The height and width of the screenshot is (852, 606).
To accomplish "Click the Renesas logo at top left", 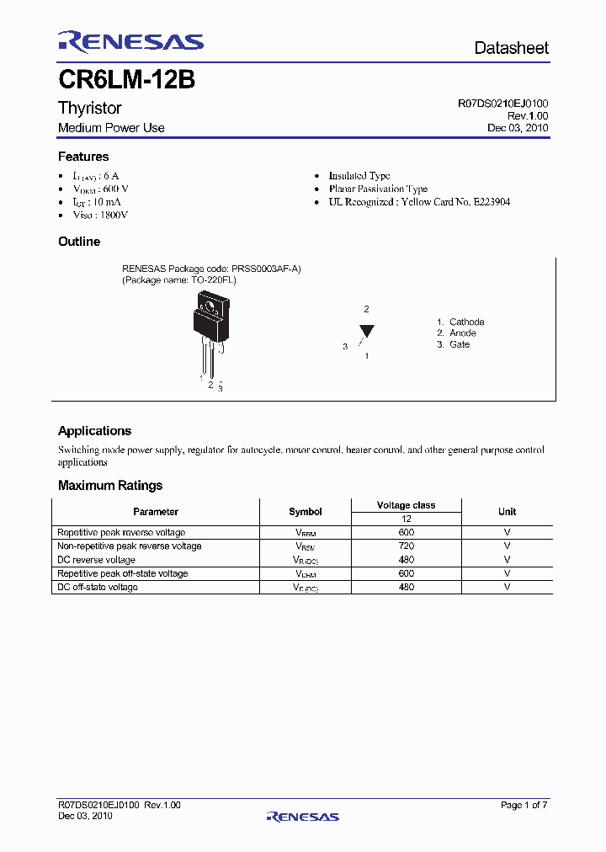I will (x=130, y=42).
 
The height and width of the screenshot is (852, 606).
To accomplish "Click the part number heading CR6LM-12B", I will (x=126, y=80).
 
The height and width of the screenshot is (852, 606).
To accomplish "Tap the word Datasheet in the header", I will (x=511, y=48).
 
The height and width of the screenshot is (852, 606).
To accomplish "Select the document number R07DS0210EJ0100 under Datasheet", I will (x=502, y=104).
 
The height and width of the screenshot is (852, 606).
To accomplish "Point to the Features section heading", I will (x=83, y=157).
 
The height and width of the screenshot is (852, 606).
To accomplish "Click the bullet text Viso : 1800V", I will (x=100, y=216).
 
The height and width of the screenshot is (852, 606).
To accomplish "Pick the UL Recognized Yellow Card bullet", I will (x=419, y=202).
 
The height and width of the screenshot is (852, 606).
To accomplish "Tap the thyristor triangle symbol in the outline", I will (x=366, y=331).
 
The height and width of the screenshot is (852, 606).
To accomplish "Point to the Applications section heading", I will (x=94, y=431).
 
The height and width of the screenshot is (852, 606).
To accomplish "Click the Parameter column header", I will (x=156, y=512).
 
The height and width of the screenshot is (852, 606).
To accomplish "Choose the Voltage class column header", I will (x=406, y=505).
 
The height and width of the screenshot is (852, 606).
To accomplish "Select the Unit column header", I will (x=507, y=512).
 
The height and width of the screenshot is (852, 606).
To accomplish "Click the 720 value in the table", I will (x=407, y=546).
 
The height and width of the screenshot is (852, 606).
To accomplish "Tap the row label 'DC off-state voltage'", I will (x=97, y=587).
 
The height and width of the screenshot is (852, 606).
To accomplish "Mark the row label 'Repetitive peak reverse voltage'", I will (x=121, y=533).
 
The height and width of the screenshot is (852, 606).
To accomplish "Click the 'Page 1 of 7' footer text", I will (x=524, y=806).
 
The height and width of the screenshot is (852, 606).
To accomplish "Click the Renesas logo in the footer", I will (x=302, y=816).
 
